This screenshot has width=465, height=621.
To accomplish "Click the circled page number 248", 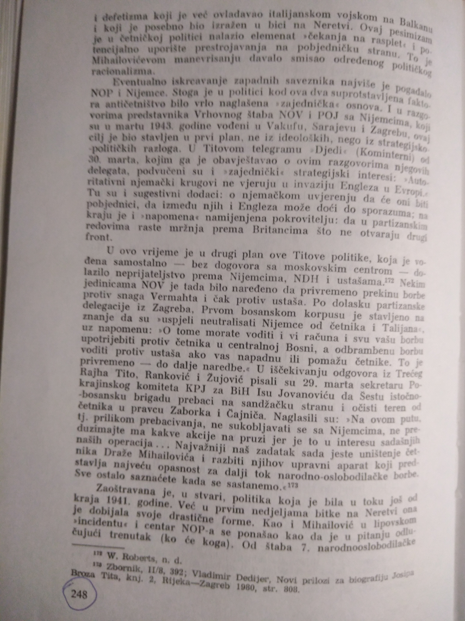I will coord(79,594).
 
